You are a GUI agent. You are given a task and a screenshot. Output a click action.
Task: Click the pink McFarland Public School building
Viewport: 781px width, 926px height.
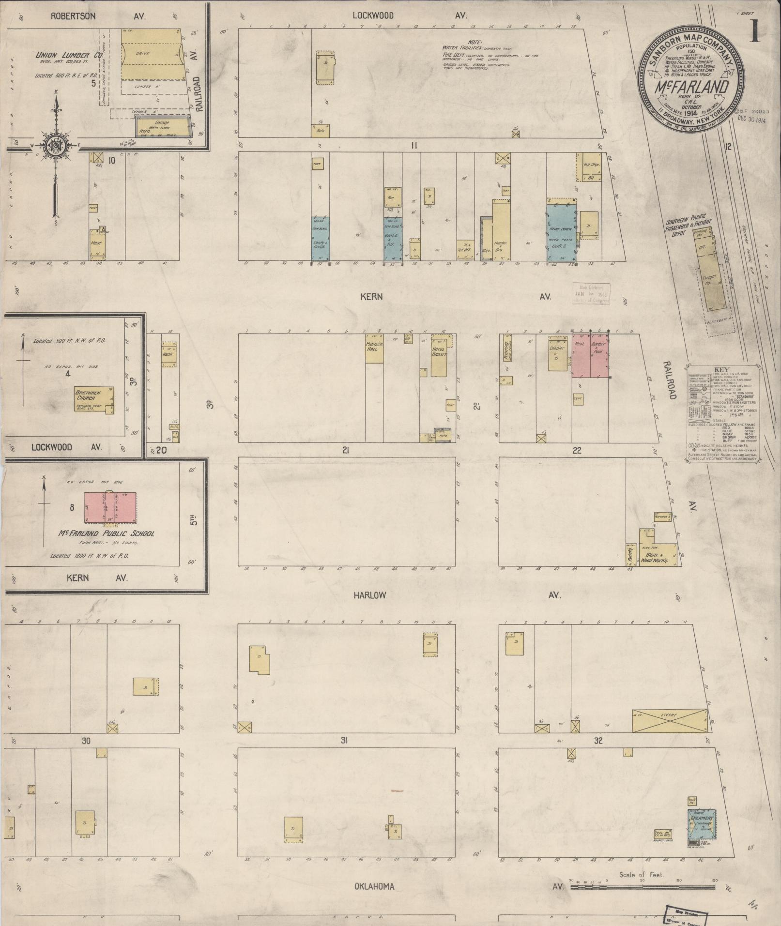110,507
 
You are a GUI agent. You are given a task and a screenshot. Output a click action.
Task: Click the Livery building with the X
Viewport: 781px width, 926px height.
668,721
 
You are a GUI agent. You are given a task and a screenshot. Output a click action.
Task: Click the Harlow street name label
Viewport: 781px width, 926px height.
370,595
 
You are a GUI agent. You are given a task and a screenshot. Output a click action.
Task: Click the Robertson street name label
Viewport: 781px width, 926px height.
74,16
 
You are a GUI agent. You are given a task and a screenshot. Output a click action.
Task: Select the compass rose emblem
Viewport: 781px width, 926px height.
54,146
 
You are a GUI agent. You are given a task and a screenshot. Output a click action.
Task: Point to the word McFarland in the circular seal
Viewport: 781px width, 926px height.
692,89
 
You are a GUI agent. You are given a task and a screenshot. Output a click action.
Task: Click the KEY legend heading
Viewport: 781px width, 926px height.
721,369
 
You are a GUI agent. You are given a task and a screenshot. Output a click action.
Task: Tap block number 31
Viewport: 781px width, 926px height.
344,740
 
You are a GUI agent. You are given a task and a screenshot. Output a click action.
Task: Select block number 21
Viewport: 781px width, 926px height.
345,450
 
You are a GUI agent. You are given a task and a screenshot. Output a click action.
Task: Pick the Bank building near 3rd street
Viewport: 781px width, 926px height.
169,353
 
